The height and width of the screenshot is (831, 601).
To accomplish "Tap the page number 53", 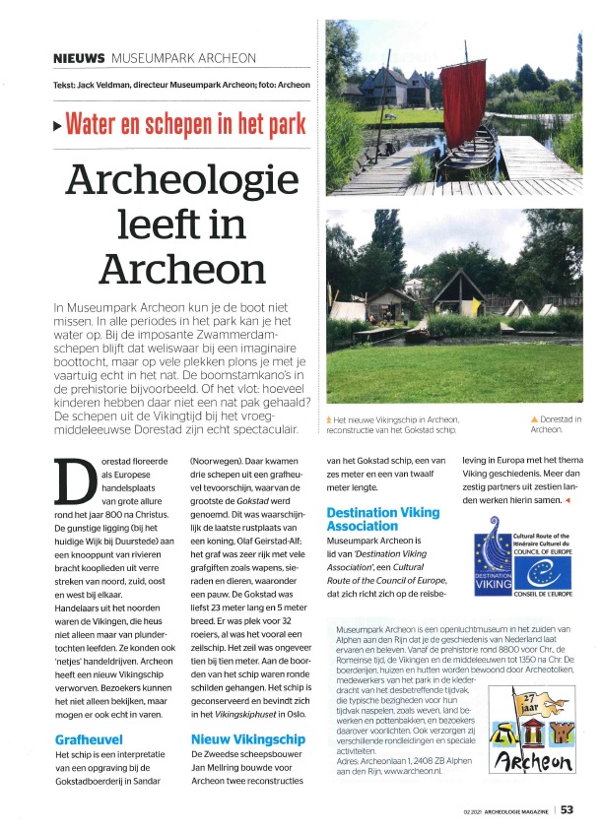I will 568,811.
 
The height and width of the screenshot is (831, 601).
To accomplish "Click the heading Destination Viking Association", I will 389,519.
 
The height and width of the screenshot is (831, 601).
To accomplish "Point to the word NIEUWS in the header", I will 78,59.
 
